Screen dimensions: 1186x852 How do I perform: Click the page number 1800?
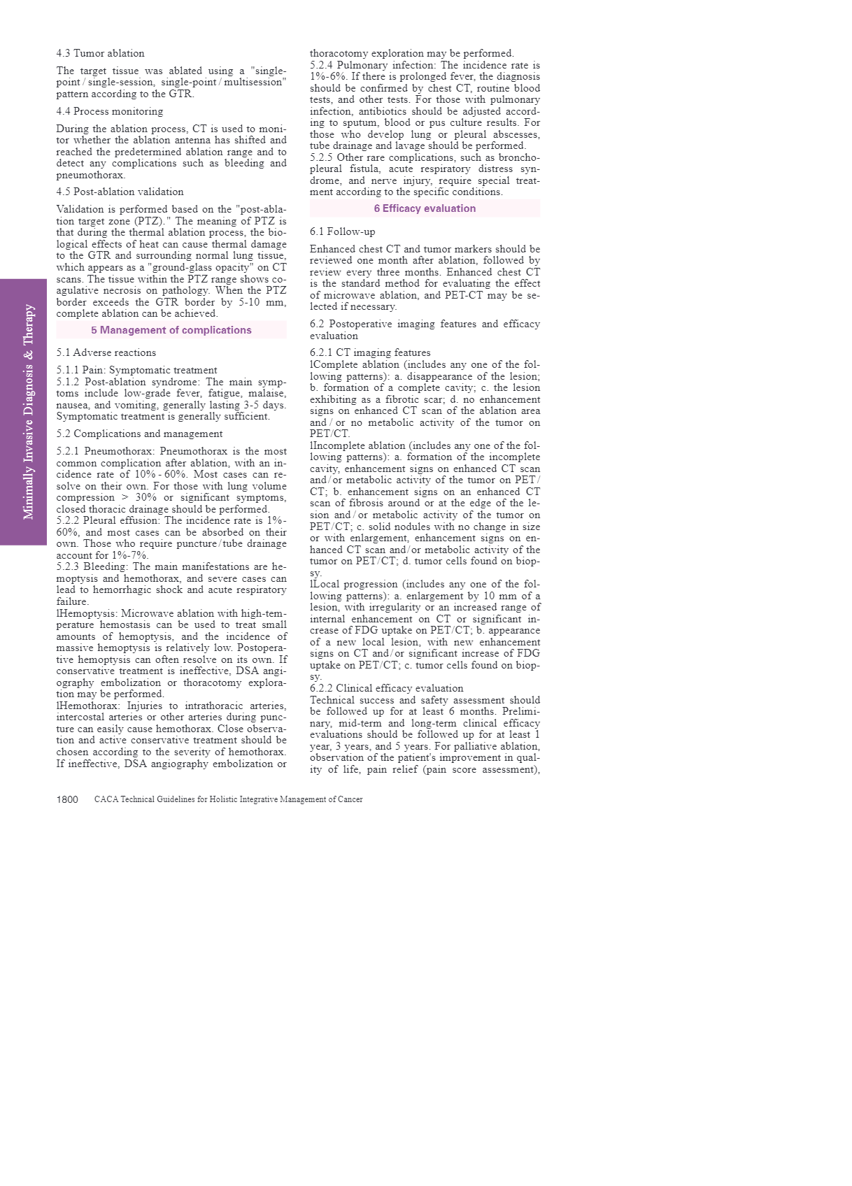point(67,799)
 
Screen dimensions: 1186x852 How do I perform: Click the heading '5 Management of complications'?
point(171,330)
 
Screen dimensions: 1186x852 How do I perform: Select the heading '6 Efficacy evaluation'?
point(425,208)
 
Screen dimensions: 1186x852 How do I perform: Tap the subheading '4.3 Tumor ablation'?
point(100,53)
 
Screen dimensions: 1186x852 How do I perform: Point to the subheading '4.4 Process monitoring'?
point(110,111)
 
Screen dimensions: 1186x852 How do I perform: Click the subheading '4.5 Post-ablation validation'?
point(120,192)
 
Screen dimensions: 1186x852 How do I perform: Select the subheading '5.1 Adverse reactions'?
point(106,352)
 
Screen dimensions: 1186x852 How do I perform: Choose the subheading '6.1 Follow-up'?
point(342,231)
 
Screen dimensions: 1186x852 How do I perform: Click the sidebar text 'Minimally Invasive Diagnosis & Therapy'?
point(29,411)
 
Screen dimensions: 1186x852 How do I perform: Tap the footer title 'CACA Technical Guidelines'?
point(228,799)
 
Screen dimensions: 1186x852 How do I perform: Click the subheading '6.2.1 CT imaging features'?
point(370,352)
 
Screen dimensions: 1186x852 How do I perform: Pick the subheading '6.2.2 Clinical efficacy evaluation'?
point(386,688)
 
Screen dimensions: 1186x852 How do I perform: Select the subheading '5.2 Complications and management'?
point(139,434)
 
